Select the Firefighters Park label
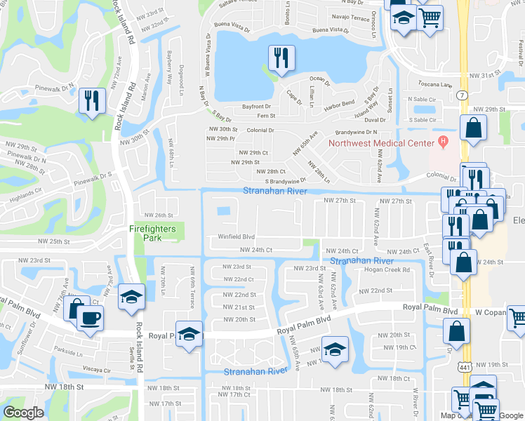coord(155,233)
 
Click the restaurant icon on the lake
coord(281,59)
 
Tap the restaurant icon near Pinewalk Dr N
coord(91,100)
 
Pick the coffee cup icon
coord(89,318)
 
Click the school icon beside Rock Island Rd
coord(131,297)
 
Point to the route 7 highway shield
coord(462,95)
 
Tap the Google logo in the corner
coord(24,413)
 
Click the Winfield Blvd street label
coord(235,237)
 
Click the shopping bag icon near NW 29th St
coord(474,128)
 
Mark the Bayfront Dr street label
coord(257,107)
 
